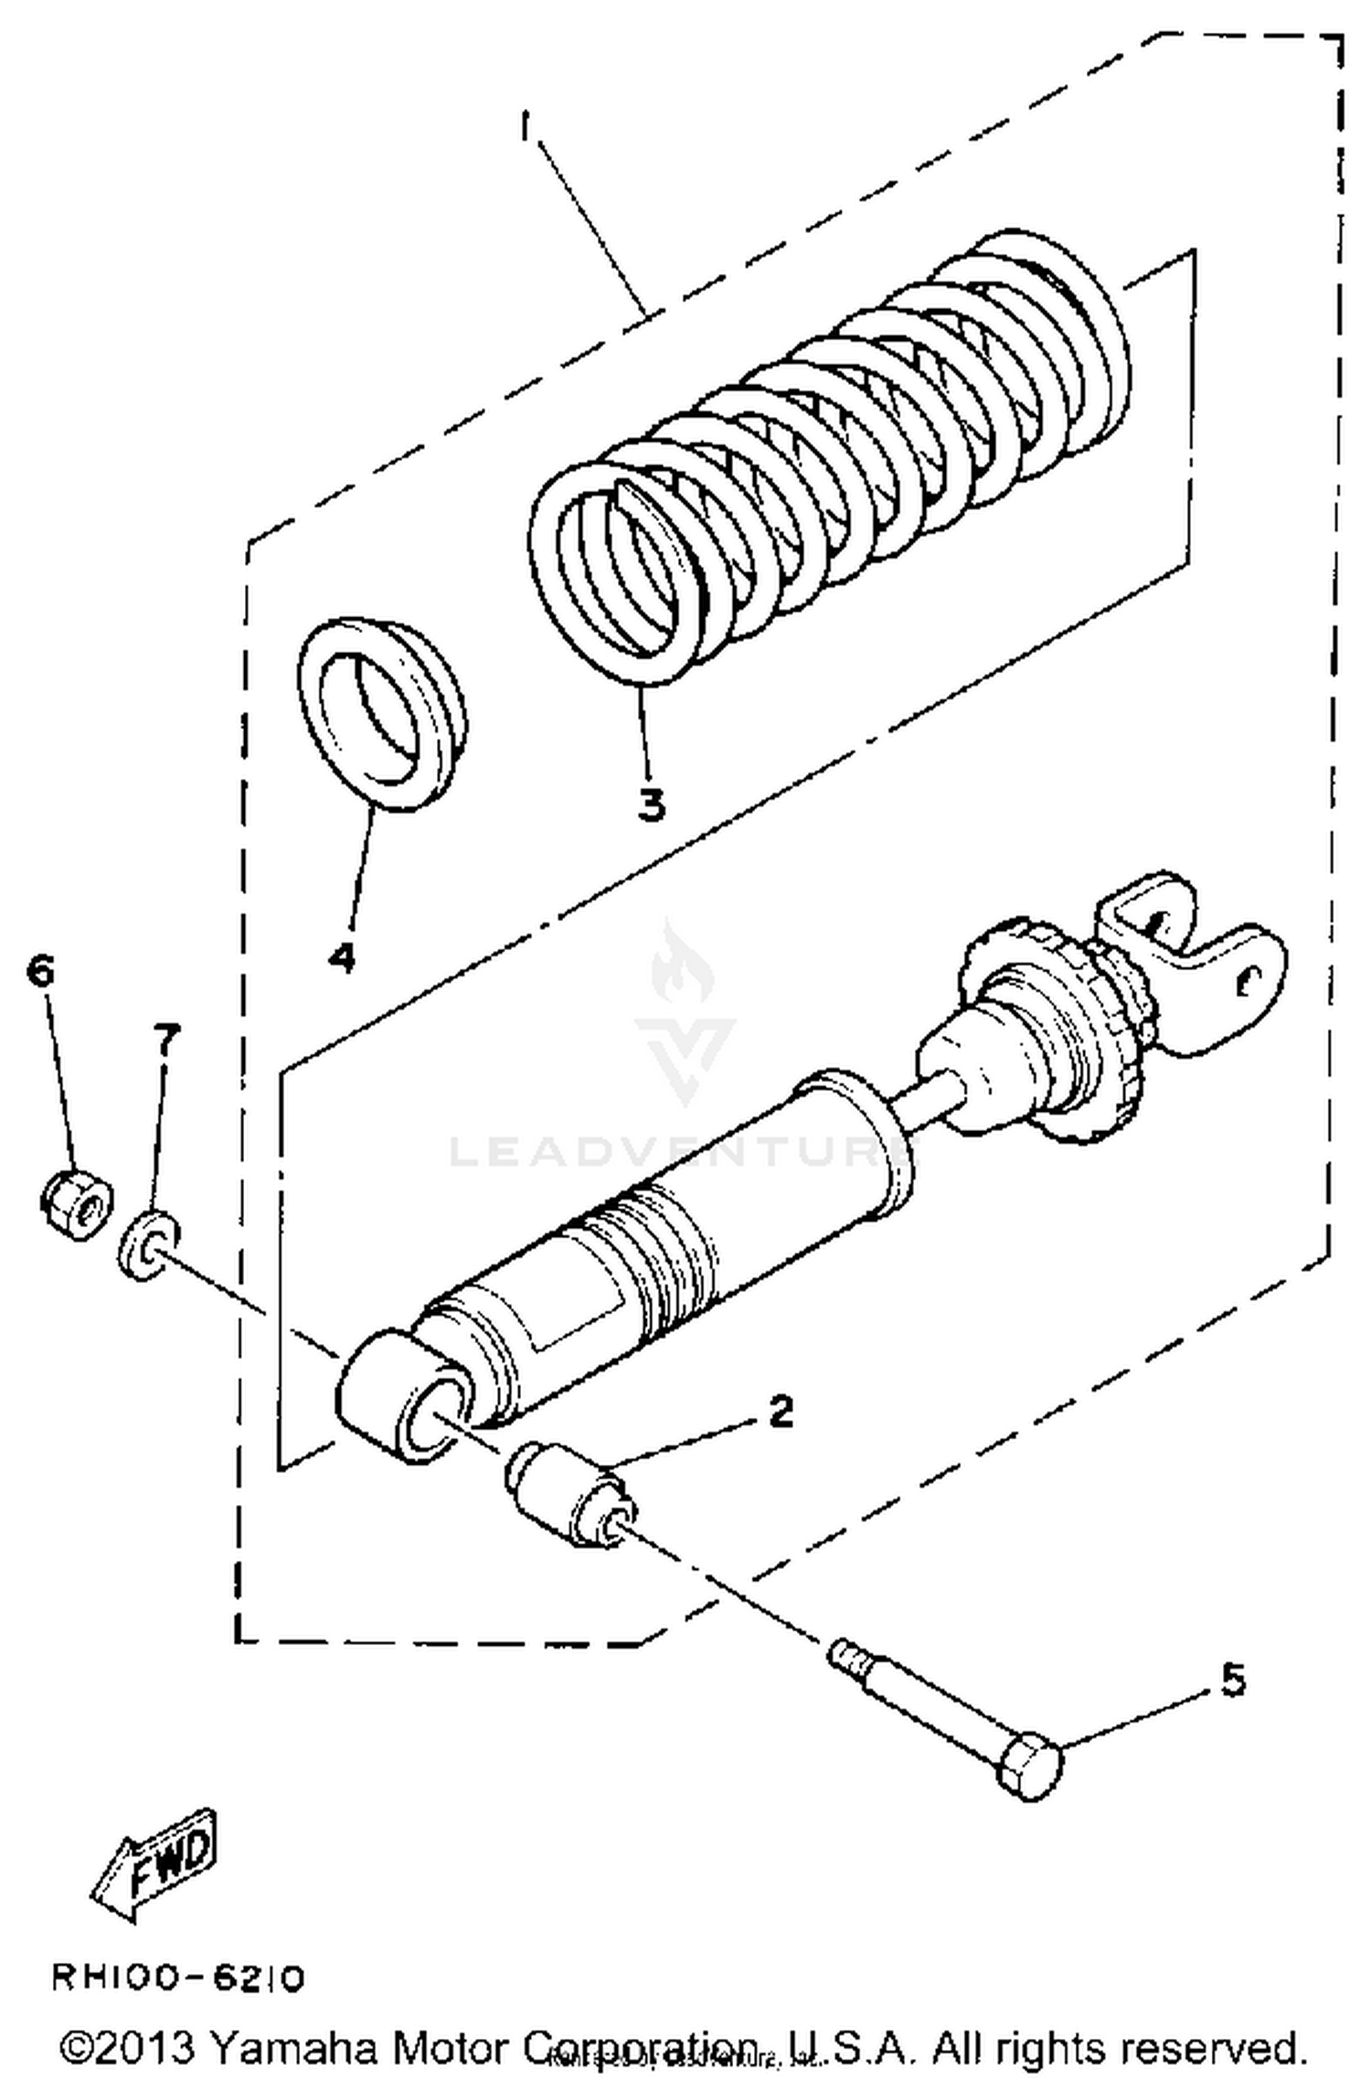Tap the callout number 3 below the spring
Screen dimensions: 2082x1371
[651, 805]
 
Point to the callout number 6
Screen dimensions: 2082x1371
[41, 969]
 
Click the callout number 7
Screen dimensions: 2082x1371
[166, 1040]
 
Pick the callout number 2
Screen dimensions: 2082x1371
[780, 1413]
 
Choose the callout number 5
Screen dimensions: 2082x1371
[1233, 1681]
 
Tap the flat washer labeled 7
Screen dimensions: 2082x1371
[148, 1244]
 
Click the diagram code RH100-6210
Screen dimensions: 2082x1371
[177, 1979]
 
